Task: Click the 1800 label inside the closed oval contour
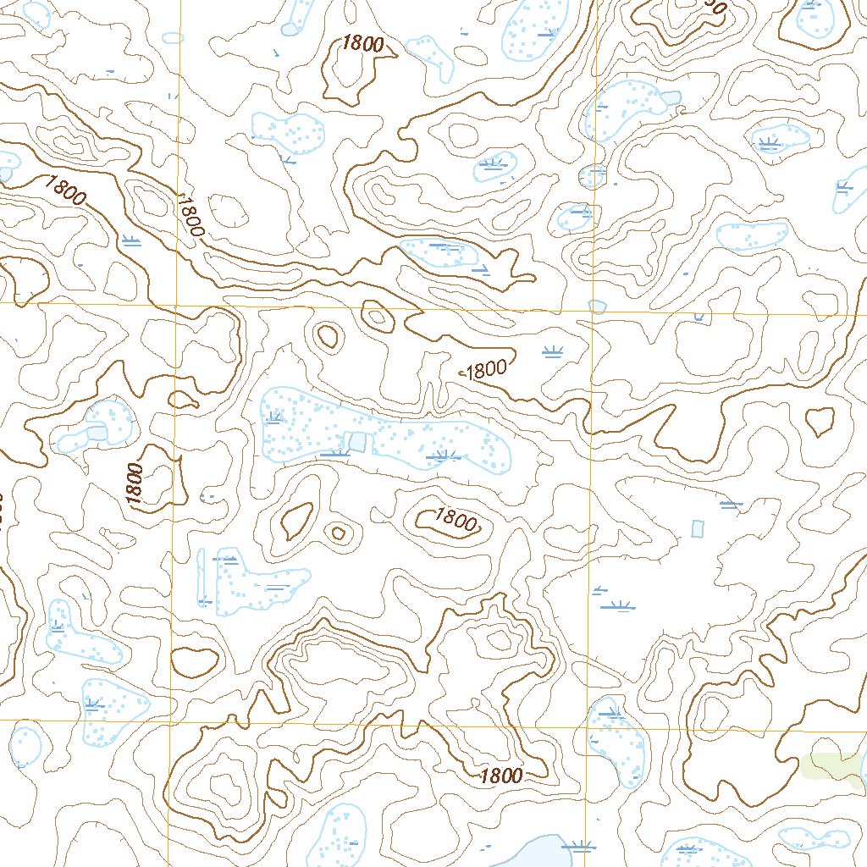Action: click(456, 519)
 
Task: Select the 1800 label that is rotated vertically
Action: click(135, 484)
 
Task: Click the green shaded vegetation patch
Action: click(830, 765)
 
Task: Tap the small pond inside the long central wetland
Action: click(358, 441)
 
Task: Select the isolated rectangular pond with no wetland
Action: click(698, 528)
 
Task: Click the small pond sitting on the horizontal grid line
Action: click(598, 306)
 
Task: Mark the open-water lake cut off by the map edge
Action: click(533, 851)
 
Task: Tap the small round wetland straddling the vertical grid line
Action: click(593, 176)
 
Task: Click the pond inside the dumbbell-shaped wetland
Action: click(97, 433)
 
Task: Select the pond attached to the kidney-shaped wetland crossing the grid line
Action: click(672, 97)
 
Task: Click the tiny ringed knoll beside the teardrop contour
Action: click(339, 533)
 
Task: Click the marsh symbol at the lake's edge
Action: click(579, 845)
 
